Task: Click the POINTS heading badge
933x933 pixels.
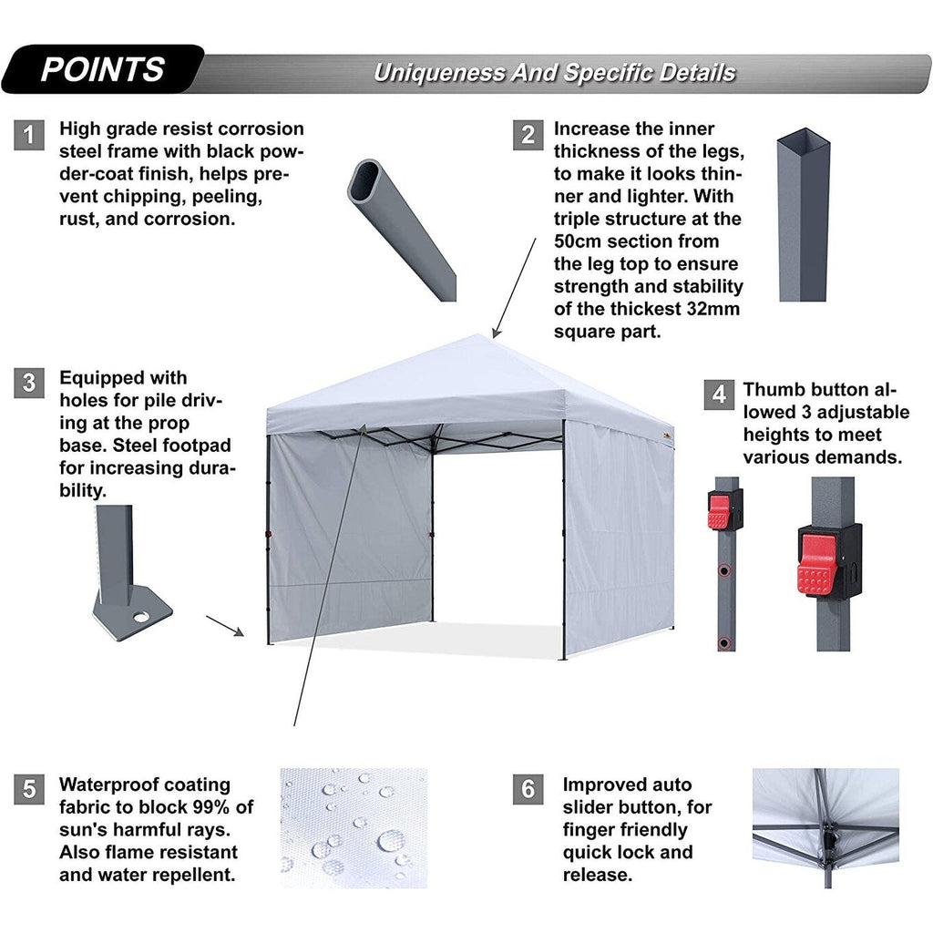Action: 102,70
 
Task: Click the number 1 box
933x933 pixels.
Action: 29,136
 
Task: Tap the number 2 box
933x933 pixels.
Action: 528,136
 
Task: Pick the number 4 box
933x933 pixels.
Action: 719,395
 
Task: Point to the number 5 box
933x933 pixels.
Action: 29,788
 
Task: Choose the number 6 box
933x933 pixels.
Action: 528,788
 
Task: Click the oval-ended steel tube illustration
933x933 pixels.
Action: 401,228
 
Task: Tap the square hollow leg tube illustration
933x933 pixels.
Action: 803,219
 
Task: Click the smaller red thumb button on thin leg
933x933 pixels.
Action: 719,512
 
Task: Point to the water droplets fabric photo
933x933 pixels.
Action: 354,827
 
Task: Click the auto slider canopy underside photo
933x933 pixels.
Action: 825,827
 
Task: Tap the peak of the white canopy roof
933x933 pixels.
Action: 492,338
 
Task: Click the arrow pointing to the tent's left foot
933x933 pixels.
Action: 225,626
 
